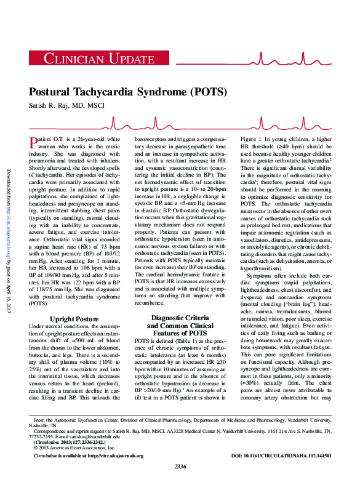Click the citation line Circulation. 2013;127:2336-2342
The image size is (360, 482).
66,442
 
